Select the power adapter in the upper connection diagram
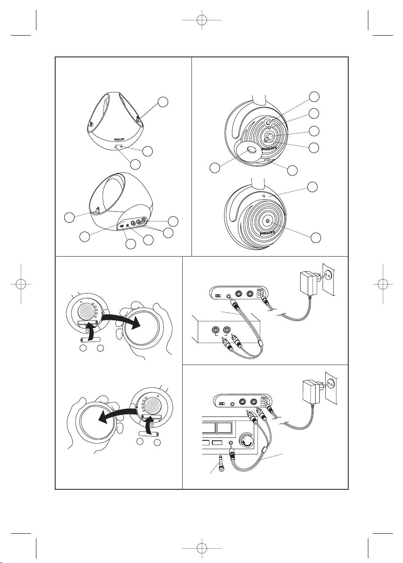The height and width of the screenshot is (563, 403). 306,283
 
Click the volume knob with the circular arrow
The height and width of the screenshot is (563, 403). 247,441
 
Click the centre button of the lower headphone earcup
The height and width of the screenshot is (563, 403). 267,219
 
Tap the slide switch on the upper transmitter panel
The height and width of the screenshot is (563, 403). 217,296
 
